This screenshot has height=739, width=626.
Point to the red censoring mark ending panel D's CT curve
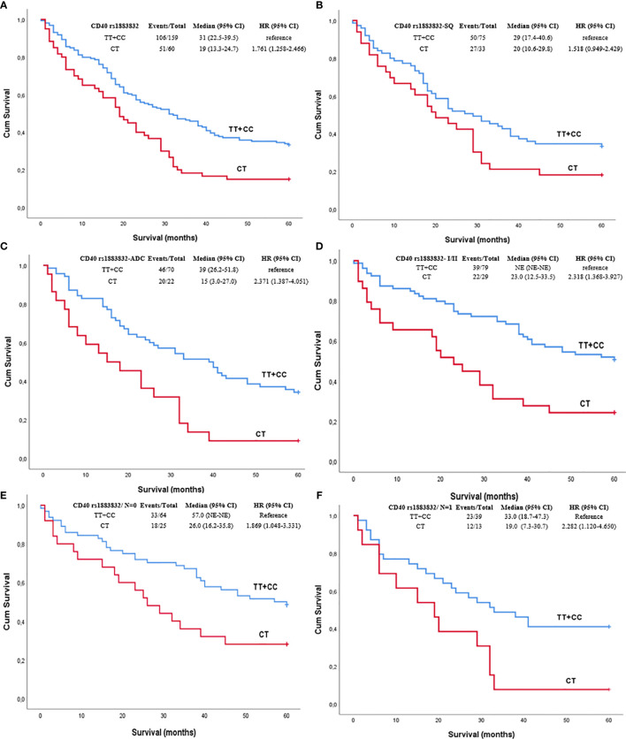pyautogui.click(x=614, y=413)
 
